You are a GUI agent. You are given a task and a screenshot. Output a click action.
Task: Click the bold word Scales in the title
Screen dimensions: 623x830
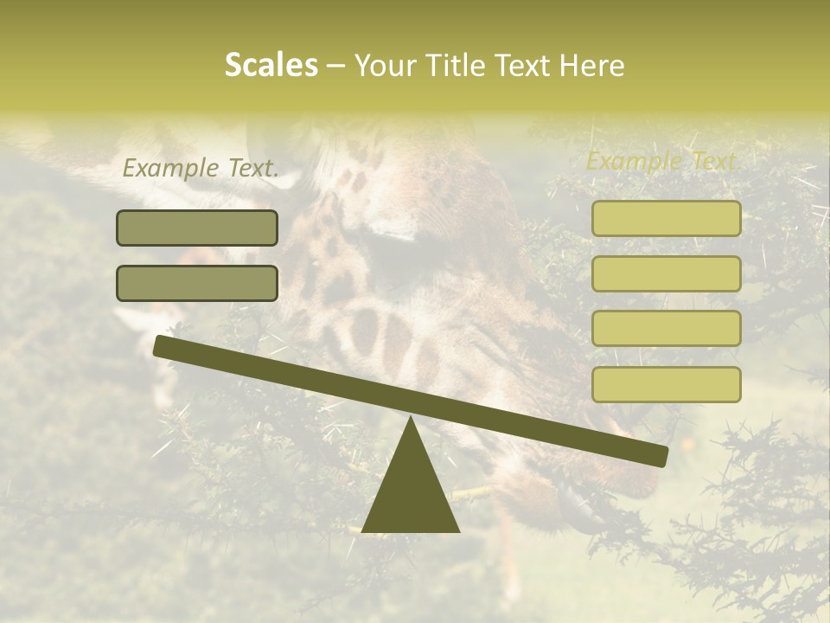271,65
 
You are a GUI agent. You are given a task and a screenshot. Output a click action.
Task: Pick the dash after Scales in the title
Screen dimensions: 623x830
336,67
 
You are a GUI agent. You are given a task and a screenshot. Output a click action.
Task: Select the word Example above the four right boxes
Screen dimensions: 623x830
631,161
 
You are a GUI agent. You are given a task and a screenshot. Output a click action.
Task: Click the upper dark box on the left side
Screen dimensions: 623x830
197,228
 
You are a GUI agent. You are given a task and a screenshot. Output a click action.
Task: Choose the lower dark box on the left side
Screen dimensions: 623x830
197,283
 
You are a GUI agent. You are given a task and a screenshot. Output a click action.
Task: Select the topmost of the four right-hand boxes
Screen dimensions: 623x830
666,219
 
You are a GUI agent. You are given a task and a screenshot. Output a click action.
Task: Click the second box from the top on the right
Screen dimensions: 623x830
666,273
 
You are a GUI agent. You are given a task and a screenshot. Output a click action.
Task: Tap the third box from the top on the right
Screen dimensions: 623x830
666,329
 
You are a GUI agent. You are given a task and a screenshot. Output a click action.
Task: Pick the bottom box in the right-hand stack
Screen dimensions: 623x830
666,384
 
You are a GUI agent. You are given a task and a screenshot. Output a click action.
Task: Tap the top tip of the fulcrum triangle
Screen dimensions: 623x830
411,419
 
